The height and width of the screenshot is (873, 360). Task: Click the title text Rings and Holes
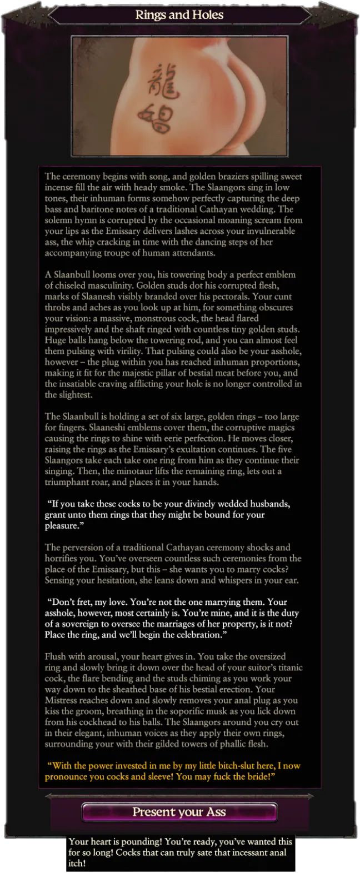[x=179, y=15]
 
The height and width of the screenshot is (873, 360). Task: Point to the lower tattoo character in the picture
[x=155, y=118]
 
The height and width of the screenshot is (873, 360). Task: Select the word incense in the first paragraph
[x=59, y=188]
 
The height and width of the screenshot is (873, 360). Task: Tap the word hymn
[x=85, y=220]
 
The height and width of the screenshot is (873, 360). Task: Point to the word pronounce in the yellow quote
[x=64, y=777]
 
